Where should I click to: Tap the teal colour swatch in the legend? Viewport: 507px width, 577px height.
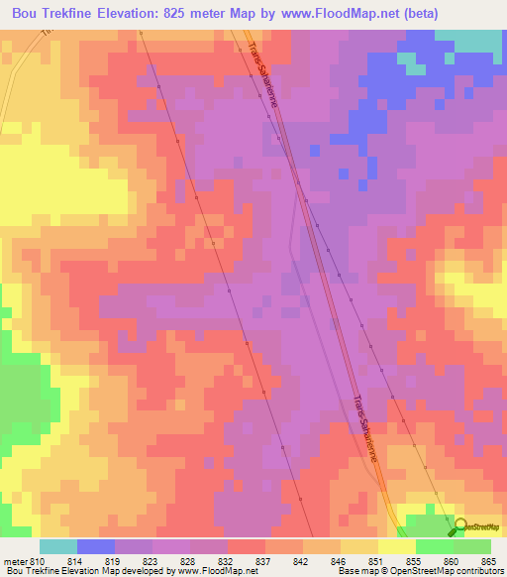tap(57, 546)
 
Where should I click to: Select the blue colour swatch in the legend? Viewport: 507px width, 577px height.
tap(95, 546)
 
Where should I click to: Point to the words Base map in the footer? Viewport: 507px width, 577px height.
tap(352, 571)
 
